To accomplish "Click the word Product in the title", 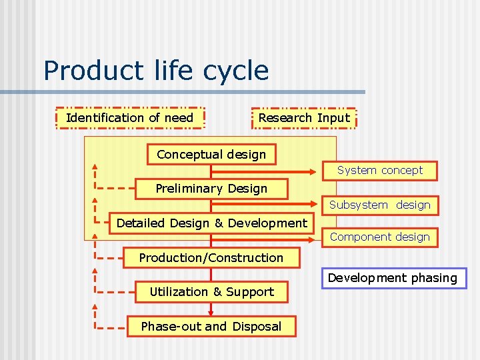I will (83, 71).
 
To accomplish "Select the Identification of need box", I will (130, 118).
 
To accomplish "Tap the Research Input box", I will (303, 118).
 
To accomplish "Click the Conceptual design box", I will (211, 154).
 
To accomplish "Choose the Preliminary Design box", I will (211, 189).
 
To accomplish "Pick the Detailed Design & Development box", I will (211, 223).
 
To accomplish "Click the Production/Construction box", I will (211, 257).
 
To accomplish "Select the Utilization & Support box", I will (211, 291).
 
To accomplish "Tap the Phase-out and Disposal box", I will (211, 326).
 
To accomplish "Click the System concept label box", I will (379, 170).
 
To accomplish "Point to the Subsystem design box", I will (379, 205).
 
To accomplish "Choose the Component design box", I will (379, 237).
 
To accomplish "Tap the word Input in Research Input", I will (333, 118).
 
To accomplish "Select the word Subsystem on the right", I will (358, 205).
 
